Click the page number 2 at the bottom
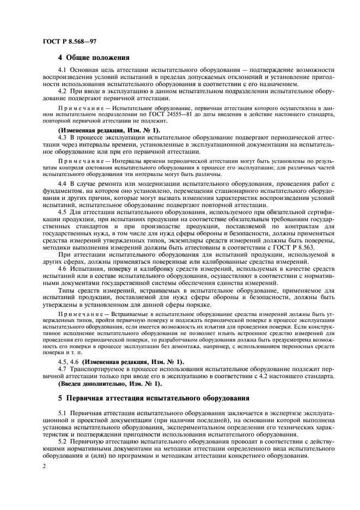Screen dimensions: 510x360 [x=43, y=466]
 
